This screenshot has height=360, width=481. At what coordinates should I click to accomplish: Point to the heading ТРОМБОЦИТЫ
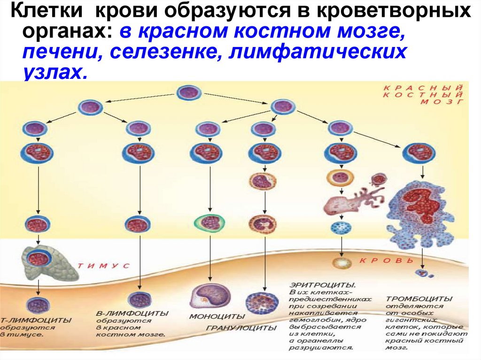tap(419, 299)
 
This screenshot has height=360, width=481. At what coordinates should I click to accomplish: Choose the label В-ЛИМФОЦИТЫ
tap(132, 313)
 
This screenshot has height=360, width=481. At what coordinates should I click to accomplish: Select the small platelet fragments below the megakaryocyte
tap(423, 272)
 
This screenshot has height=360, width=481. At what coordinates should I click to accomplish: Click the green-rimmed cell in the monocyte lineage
tap(210, 222)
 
